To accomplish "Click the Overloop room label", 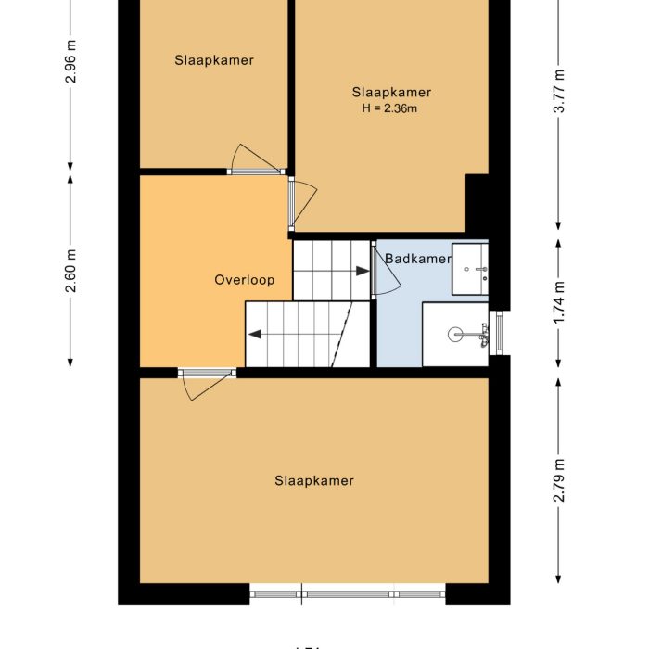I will coord(245,279).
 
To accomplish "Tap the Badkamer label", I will coord(417,259).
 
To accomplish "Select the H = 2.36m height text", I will coord(390,108).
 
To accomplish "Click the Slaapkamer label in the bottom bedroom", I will coord(314,480).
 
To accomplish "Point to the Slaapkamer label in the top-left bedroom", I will coord(214,60).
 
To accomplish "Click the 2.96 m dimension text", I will coord(70,62).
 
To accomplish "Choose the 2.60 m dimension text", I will coord(70,271).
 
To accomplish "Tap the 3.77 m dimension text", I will coord(558,93).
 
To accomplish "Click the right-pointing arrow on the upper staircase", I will coord(361,271).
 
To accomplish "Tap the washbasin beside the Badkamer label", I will coord(470,269).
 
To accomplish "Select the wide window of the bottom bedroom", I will coord(348,593).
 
